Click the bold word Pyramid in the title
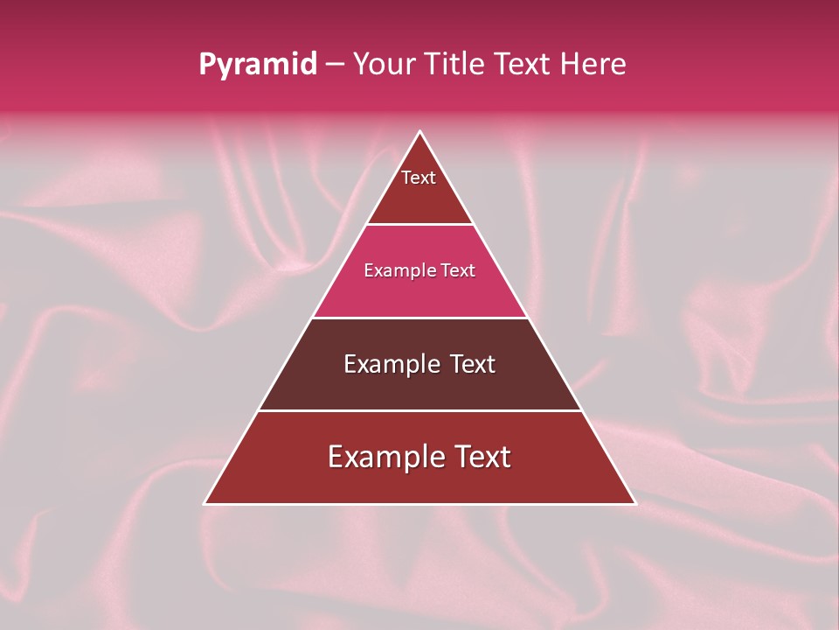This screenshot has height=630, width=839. pyautogui.click(x=258, y=65)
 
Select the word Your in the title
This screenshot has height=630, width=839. pyautogui.click(x=381, y=65)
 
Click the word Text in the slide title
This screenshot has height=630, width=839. pyautogui.click(x=522, y=65)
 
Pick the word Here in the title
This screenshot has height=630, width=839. pyautogui.click(x=594, y=65)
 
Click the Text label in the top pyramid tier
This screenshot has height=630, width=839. pyautogui.click(x=419, y=178)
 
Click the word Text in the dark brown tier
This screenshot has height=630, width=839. pyautogui.click(x=474, y=364)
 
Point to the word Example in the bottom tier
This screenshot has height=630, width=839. pyautogui.click(x=383, y=457)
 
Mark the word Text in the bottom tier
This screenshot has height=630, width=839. pyautogui.click(x=482, y=457)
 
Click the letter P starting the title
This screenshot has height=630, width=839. pyautogui.click(x=206, y=65)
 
